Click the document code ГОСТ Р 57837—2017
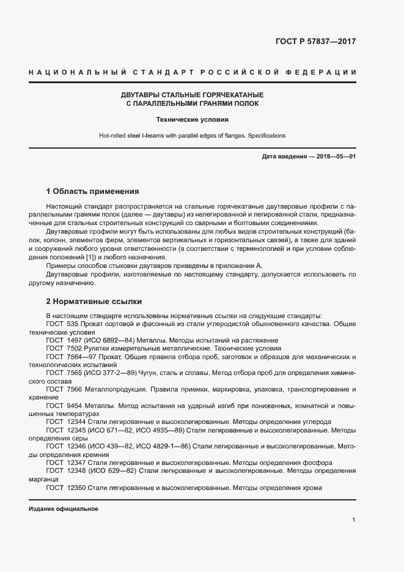315,42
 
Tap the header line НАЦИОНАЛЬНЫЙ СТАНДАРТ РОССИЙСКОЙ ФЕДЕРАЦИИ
193,73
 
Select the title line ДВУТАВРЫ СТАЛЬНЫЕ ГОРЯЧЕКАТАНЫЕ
193,95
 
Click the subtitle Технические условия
193,119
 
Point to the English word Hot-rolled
113,135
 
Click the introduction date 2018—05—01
334,157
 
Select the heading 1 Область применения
93,191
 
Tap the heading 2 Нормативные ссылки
94,302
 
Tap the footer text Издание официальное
64,509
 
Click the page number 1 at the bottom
354,519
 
